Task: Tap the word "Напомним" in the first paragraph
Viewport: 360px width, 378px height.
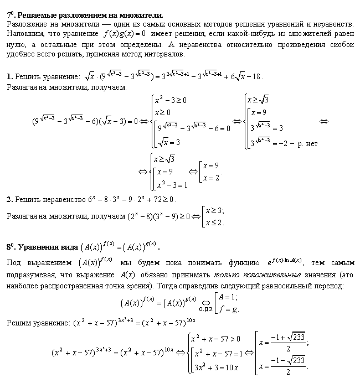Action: [24, 34]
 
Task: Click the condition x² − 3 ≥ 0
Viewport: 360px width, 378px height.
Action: [172, 100]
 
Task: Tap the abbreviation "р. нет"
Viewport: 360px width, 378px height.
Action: [307, 144]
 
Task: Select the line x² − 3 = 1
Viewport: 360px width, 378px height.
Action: [172, 184]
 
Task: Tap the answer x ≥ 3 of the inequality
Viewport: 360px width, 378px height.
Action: [214, 211]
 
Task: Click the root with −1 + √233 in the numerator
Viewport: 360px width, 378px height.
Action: [285, 341]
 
